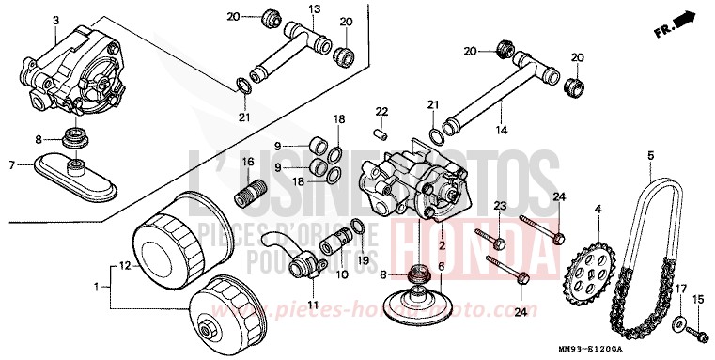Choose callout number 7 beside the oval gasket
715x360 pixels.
coord(11,165)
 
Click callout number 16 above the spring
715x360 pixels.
coord(249,162)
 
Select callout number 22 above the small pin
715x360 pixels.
coord(381,112)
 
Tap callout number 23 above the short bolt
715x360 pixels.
coord(499,206)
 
